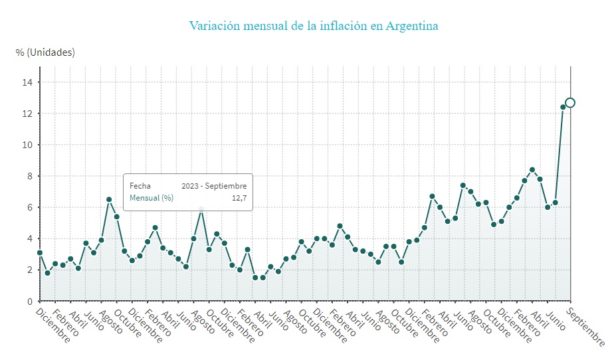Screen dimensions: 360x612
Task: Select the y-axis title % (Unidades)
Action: (45, 52)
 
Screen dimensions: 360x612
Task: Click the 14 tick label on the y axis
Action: (27, 82)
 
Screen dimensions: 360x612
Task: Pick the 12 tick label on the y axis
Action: (27, 114)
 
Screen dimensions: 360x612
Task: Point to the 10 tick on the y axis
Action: (27, 145)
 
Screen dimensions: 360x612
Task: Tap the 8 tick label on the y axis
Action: (30, 176)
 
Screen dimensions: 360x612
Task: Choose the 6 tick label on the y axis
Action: (30, 207)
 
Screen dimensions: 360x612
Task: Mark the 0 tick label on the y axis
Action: (30, 301)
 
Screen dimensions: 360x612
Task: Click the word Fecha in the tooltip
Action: (140, 186)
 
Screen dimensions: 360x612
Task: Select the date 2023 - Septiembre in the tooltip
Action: (214, 186)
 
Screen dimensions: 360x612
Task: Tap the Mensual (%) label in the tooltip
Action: (152, 198)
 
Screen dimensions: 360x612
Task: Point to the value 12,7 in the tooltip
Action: (239, 198)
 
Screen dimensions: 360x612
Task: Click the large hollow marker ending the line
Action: (570, 102)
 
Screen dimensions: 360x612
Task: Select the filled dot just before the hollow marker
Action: (563, 107)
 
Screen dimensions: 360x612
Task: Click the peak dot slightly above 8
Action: (532, 169)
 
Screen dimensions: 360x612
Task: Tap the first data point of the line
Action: (40, 252)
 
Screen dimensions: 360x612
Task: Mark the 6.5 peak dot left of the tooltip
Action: (109, 199)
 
